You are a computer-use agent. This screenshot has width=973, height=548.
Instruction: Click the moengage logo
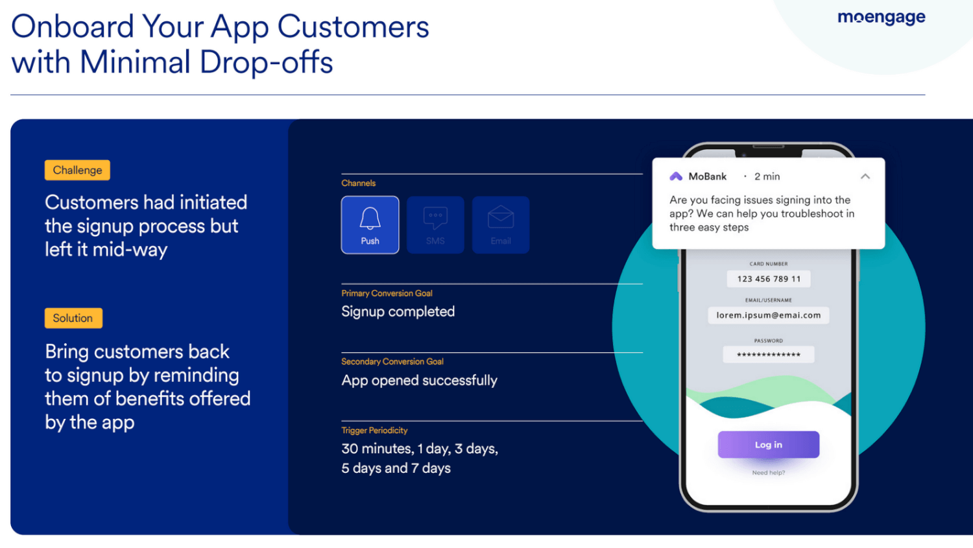(882, 18)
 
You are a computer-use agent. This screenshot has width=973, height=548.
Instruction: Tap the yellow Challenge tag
(77, 170)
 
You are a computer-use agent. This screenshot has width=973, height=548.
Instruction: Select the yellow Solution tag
(73, 318)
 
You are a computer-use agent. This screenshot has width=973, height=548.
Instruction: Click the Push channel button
(370, 225)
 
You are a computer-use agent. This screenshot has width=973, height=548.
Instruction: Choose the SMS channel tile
(435, 225)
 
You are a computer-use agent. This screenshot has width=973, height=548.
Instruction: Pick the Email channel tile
(500, 225)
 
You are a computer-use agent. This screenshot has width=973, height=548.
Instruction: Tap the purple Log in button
(769, 444)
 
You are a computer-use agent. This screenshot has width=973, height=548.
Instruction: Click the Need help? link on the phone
(769, 472)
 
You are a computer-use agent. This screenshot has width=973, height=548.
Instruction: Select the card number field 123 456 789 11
(769, 279)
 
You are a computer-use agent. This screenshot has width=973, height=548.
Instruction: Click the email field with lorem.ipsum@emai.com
(769, 315)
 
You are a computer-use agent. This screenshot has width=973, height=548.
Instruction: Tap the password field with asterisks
(769, 354)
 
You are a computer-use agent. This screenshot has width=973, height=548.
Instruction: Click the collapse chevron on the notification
(865, 176)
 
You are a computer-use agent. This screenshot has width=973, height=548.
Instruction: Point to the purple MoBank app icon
(676, 176)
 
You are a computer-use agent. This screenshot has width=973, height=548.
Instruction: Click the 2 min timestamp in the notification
(767, 176)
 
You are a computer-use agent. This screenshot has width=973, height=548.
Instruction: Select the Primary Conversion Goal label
(387, 293)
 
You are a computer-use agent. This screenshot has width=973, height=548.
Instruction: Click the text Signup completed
(398, 311)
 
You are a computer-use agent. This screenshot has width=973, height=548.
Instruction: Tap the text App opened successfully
(419, 380)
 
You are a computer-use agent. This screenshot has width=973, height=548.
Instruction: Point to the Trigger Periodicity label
(374, 431)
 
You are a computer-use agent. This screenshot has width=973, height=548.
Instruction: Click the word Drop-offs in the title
(266, 62)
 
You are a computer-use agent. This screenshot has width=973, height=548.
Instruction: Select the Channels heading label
(358, 183)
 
